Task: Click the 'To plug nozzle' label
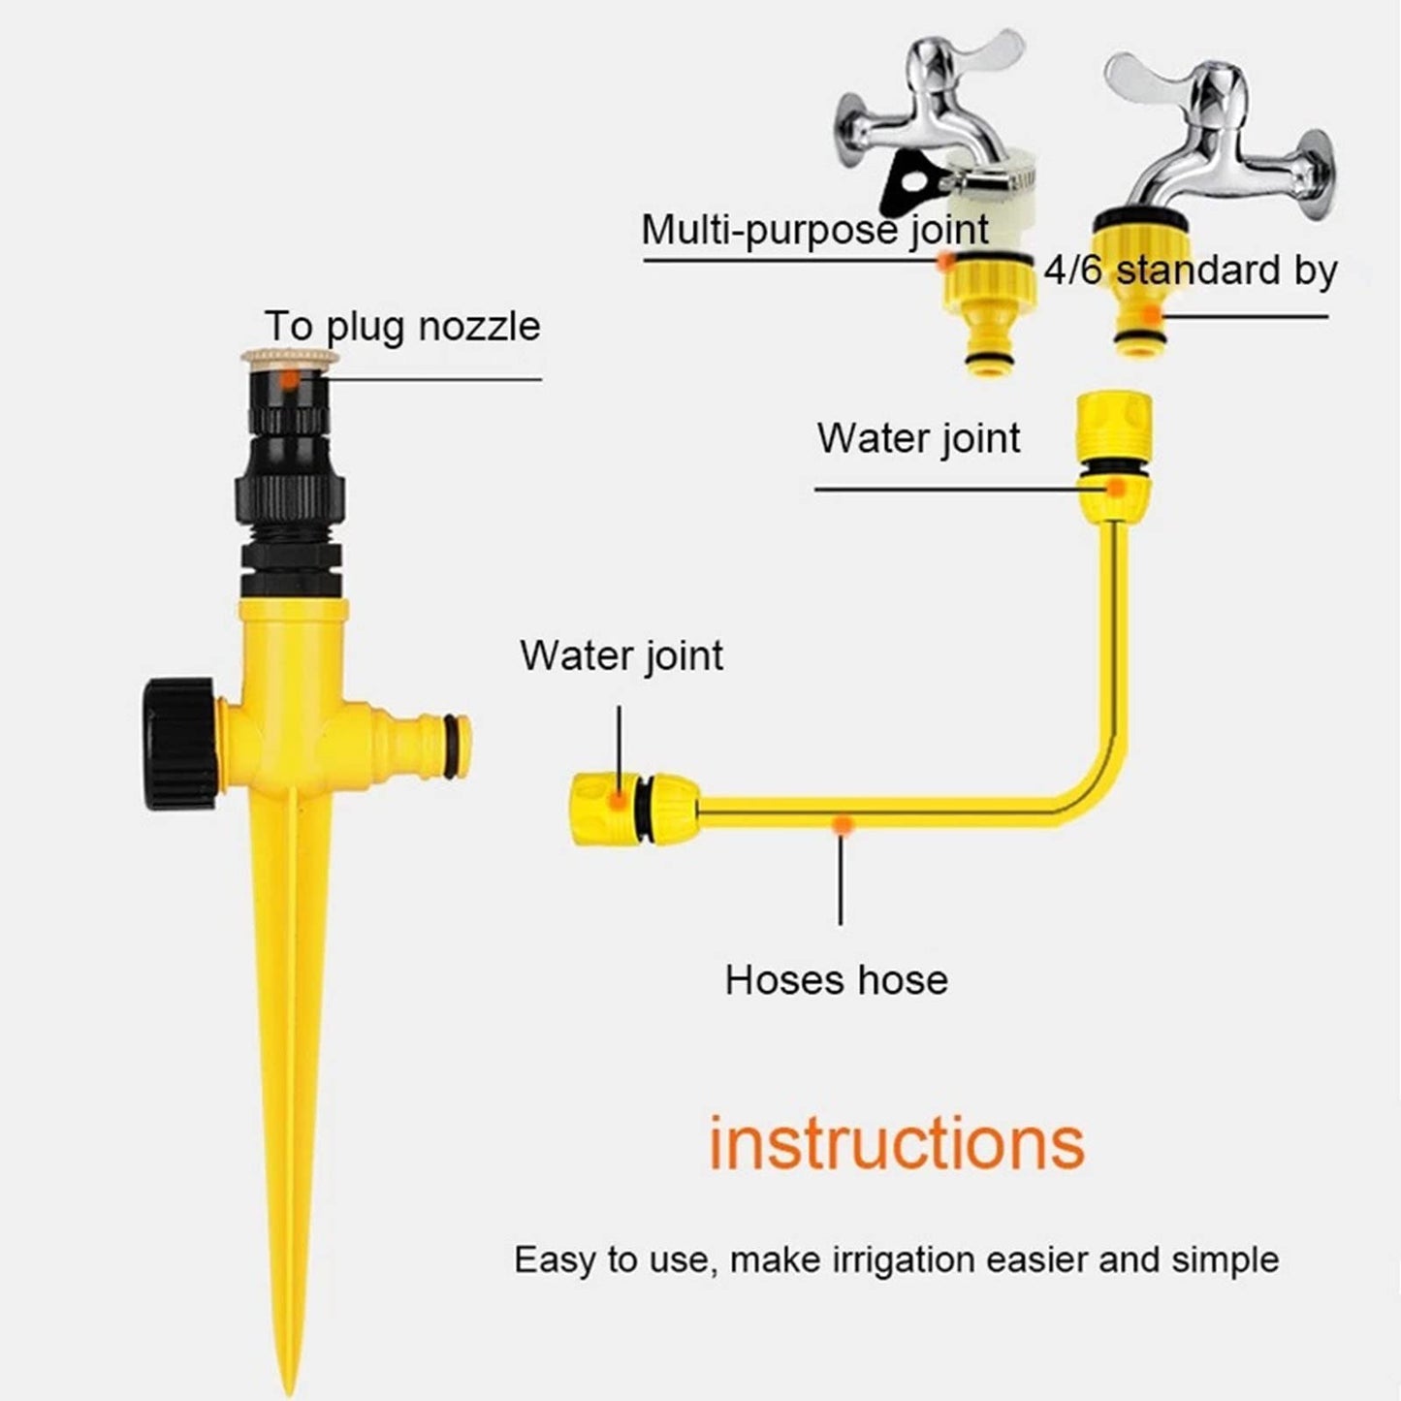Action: coord(401,327)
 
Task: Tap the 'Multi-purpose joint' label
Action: coord(814,231)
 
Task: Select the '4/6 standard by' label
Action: coord(1191,271)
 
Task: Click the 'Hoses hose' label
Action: coord(836,980)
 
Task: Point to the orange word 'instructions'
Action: coord(896,1143)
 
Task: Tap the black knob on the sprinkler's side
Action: coord(177,744)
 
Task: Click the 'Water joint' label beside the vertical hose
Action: coord(918,438)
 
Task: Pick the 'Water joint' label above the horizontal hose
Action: coord(621,655)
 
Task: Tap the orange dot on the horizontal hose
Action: coord(844,824)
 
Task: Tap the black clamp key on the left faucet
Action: coord(907,185)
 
